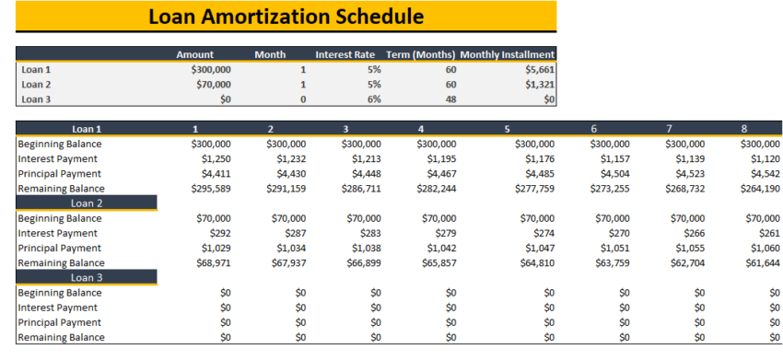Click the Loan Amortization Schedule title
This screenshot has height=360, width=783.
coord(286,17)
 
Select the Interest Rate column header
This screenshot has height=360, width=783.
coord(348,54)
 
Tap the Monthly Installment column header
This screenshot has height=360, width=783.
coord(507,54)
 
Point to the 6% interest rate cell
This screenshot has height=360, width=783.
coord(374,99)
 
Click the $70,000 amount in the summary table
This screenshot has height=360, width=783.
coord(213,84)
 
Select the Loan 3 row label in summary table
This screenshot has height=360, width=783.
coord(36,99)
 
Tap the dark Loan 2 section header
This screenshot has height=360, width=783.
coord(87,203)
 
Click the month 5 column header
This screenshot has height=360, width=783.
coord(507,129)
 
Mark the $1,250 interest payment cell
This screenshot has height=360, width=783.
coord(213,158)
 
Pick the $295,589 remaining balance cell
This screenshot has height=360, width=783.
coord(211,188)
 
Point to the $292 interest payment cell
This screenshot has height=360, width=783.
coord(218,233)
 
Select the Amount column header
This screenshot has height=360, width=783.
coord(195,54)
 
